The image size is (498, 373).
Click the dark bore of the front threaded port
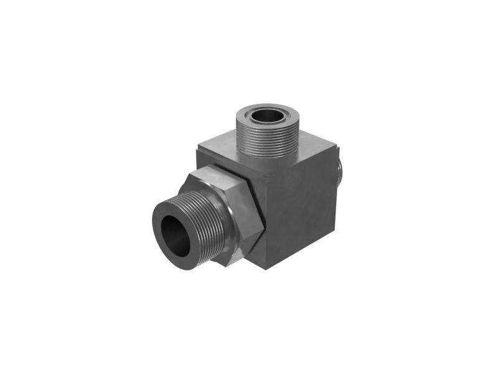[176, 236]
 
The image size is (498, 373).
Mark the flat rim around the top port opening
[251, 115]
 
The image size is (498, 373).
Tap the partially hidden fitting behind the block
[341, 171]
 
